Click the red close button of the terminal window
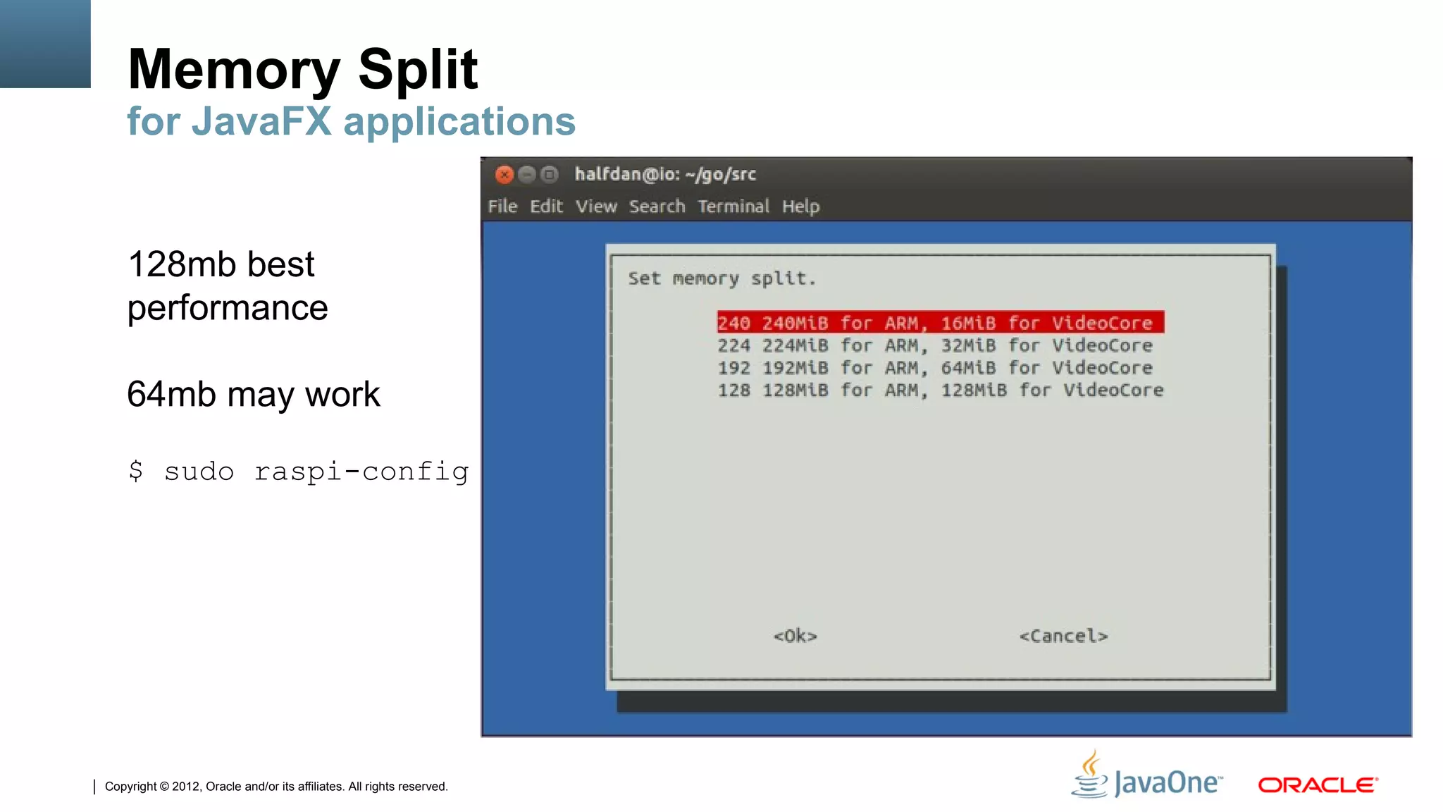[x=504, y=174]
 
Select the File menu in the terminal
[x=502, y=207]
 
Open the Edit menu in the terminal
[x=546, y=207]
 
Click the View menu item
[x=596, y=207]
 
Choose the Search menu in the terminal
[x=657, y=207]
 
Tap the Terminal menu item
[x=733, y=207]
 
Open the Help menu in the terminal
[x=800, y=207]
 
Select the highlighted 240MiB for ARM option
[x=940, y=323]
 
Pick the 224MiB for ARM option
[x=934, y=345]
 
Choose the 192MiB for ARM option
[x=934, y=368]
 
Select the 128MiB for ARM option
[x=940, y=390]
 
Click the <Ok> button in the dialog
[x=795, y=636]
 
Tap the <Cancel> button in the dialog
[x=1063, y=636]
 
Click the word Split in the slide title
[x=418, y=69]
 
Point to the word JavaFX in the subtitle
[x=261, y=121]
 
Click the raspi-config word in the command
[x=361, y=472]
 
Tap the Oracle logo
[x=1318, y=785]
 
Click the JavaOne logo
[x=1148, y=777]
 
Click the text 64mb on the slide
[x=171, y=394]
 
